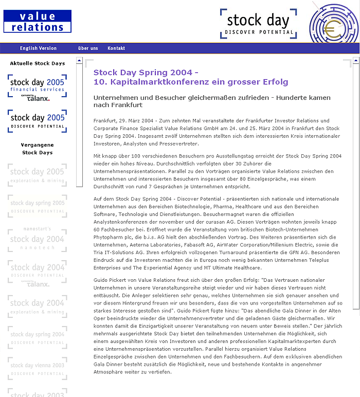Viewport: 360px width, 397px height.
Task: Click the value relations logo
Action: coord(37,21)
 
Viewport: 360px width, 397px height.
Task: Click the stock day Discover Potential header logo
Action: coord(258,24)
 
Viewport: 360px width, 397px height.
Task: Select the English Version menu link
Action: coord(38,48)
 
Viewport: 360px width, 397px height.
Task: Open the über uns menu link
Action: coord(88,48)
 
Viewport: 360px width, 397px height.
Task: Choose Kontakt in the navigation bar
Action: coord(116,48)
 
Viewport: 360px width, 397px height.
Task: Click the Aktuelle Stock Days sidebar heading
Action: coord(38,63)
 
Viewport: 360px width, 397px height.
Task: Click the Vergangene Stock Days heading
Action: coord(38,149)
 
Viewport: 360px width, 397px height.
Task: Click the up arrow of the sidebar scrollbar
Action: coord(79,61)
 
